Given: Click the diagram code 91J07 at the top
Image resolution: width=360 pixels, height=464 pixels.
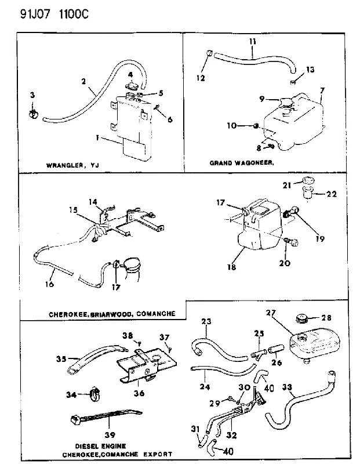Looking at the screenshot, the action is coord(35,14).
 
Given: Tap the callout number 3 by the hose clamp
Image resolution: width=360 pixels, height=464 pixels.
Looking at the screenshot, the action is coord(32,95).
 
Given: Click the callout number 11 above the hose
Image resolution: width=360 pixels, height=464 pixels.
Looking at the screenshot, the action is coord(252,41).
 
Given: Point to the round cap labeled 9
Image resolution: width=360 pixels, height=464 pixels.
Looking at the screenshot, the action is coord(285,102).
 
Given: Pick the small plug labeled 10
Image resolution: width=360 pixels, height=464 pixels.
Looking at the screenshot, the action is coord(256,126).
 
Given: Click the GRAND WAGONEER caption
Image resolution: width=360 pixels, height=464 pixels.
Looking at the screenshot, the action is coord(242,163).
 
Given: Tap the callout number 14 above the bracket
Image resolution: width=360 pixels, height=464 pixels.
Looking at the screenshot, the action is coord(93,202).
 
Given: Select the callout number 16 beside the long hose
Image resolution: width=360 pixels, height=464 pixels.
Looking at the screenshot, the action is coord(49,284).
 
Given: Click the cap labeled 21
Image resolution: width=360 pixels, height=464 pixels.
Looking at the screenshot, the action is coord(308,180).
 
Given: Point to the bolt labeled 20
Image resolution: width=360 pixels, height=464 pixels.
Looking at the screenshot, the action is coord(292,242).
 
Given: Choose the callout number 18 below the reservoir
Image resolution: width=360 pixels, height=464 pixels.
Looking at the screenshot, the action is coord(232,267).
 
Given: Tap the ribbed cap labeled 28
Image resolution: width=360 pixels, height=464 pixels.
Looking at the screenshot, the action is coord(301,320).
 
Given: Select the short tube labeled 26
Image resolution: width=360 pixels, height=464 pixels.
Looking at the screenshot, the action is coord(276,349).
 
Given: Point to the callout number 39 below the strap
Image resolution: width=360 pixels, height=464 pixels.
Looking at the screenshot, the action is coord(110,434).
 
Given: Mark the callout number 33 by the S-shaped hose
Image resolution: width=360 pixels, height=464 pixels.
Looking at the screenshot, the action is coord(287,387).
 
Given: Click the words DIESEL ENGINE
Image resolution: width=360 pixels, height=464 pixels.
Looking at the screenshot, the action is coord(100,446).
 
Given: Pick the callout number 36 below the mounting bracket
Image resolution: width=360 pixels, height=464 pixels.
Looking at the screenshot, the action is coord(139,393).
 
